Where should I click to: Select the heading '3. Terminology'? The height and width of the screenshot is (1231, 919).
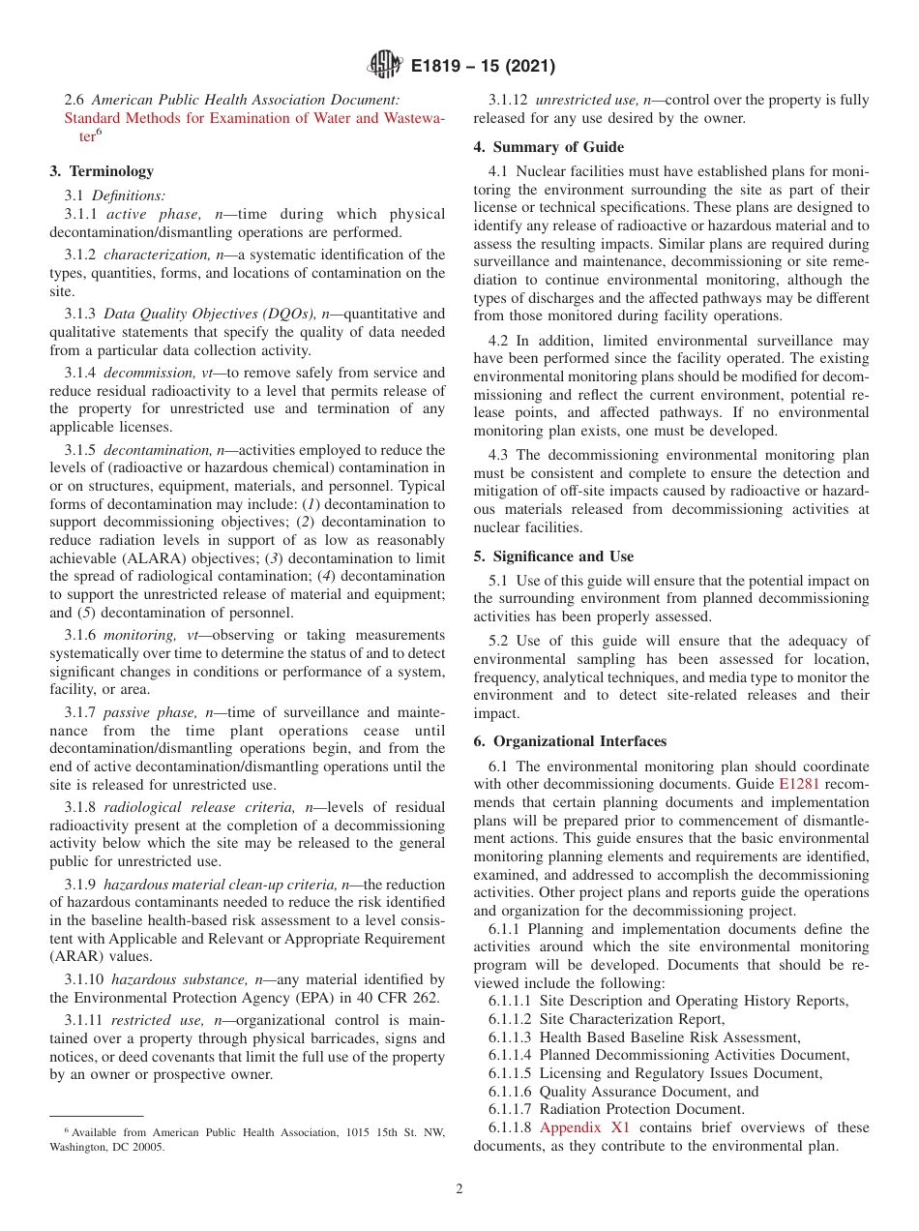click(102, 171)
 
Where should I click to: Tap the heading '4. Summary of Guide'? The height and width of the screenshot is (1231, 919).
click(548, 147)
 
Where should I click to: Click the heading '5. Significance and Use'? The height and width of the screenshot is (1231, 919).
click(553, 556)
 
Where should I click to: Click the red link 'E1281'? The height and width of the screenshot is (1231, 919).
click(798, 784)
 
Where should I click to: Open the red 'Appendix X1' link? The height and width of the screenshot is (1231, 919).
click(584, 1127)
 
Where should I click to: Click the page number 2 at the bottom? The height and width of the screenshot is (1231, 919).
click(459, 1189)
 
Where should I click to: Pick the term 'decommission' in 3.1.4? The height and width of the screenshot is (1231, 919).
click(139, 373)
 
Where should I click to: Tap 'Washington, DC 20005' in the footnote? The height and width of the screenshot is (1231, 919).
click(106, 1147)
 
